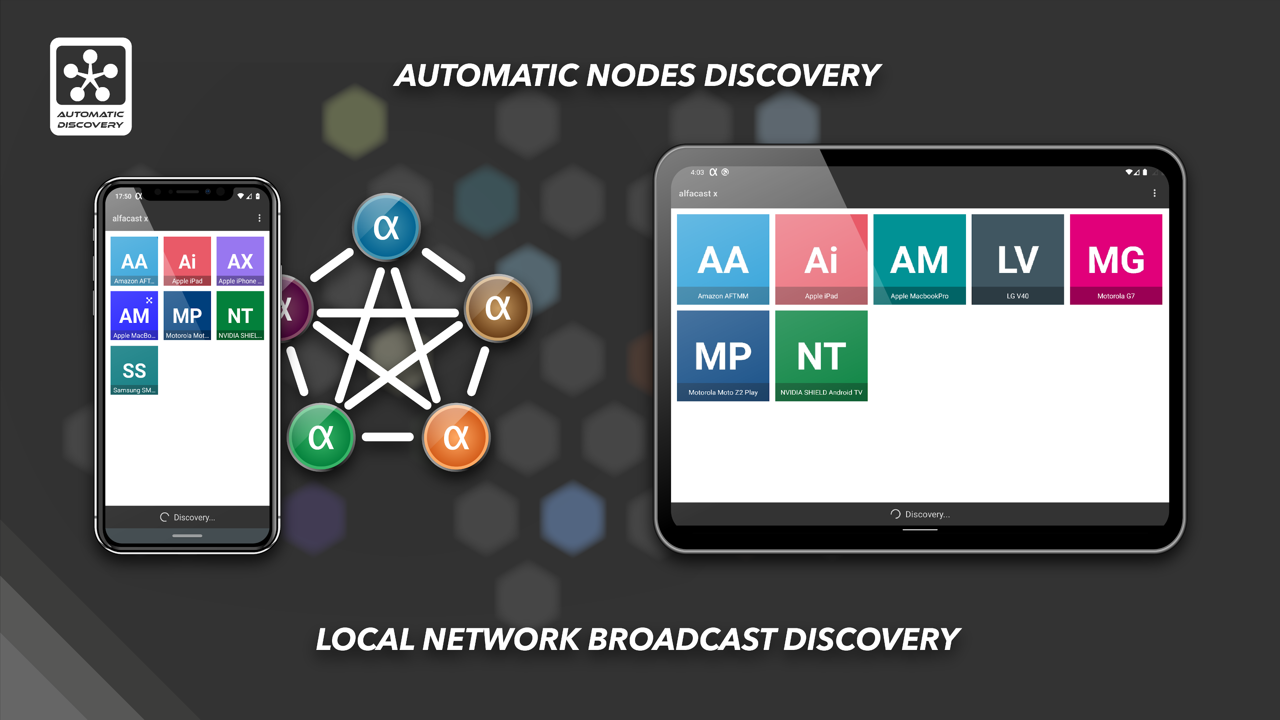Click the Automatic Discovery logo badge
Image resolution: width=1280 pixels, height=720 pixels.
point(91,86)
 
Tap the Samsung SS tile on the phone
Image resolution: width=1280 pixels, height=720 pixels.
point(134,370)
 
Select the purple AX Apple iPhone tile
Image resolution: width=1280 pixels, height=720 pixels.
point(240,261)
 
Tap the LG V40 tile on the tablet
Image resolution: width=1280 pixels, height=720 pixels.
point(1017,259)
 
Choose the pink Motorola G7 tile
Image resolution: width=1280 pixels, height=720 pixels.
point(1116,259)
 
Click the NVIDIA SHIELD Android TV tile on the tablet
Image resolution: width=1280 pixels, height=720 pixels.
point(821,355)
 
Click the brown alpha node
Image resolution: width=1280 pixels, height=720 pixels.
point(498,308)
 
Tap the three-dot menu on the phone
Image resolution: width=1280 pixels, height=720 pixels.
point(259,218)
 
